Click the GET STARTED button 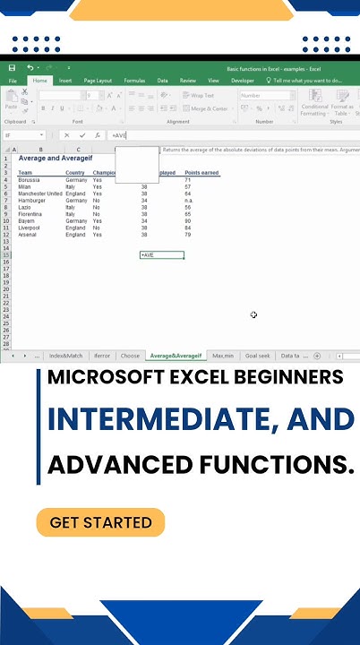coord(100,522)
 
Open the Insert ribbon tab coord(65,81)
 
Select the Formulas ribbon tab coord(134,81)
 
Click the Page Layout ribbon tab coord(98,81)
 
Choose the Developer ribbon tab coord(242,81)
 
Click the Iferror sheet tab coord(102,356)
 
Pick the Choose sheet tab coord(130,356)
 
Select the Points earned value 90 coord(188,220)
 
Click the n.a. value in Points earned coord(189,201)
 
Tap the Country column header coord(75,173)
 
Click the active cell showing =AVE coord(161,255)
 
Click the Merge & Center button coord(208,108)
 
